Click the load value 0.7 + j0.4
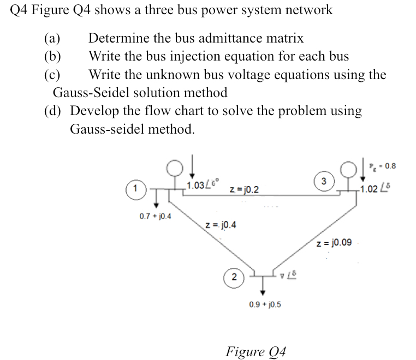point(154,216)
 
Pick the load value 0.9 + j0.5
point(266,304)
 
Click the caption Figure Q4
point(255,349)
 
